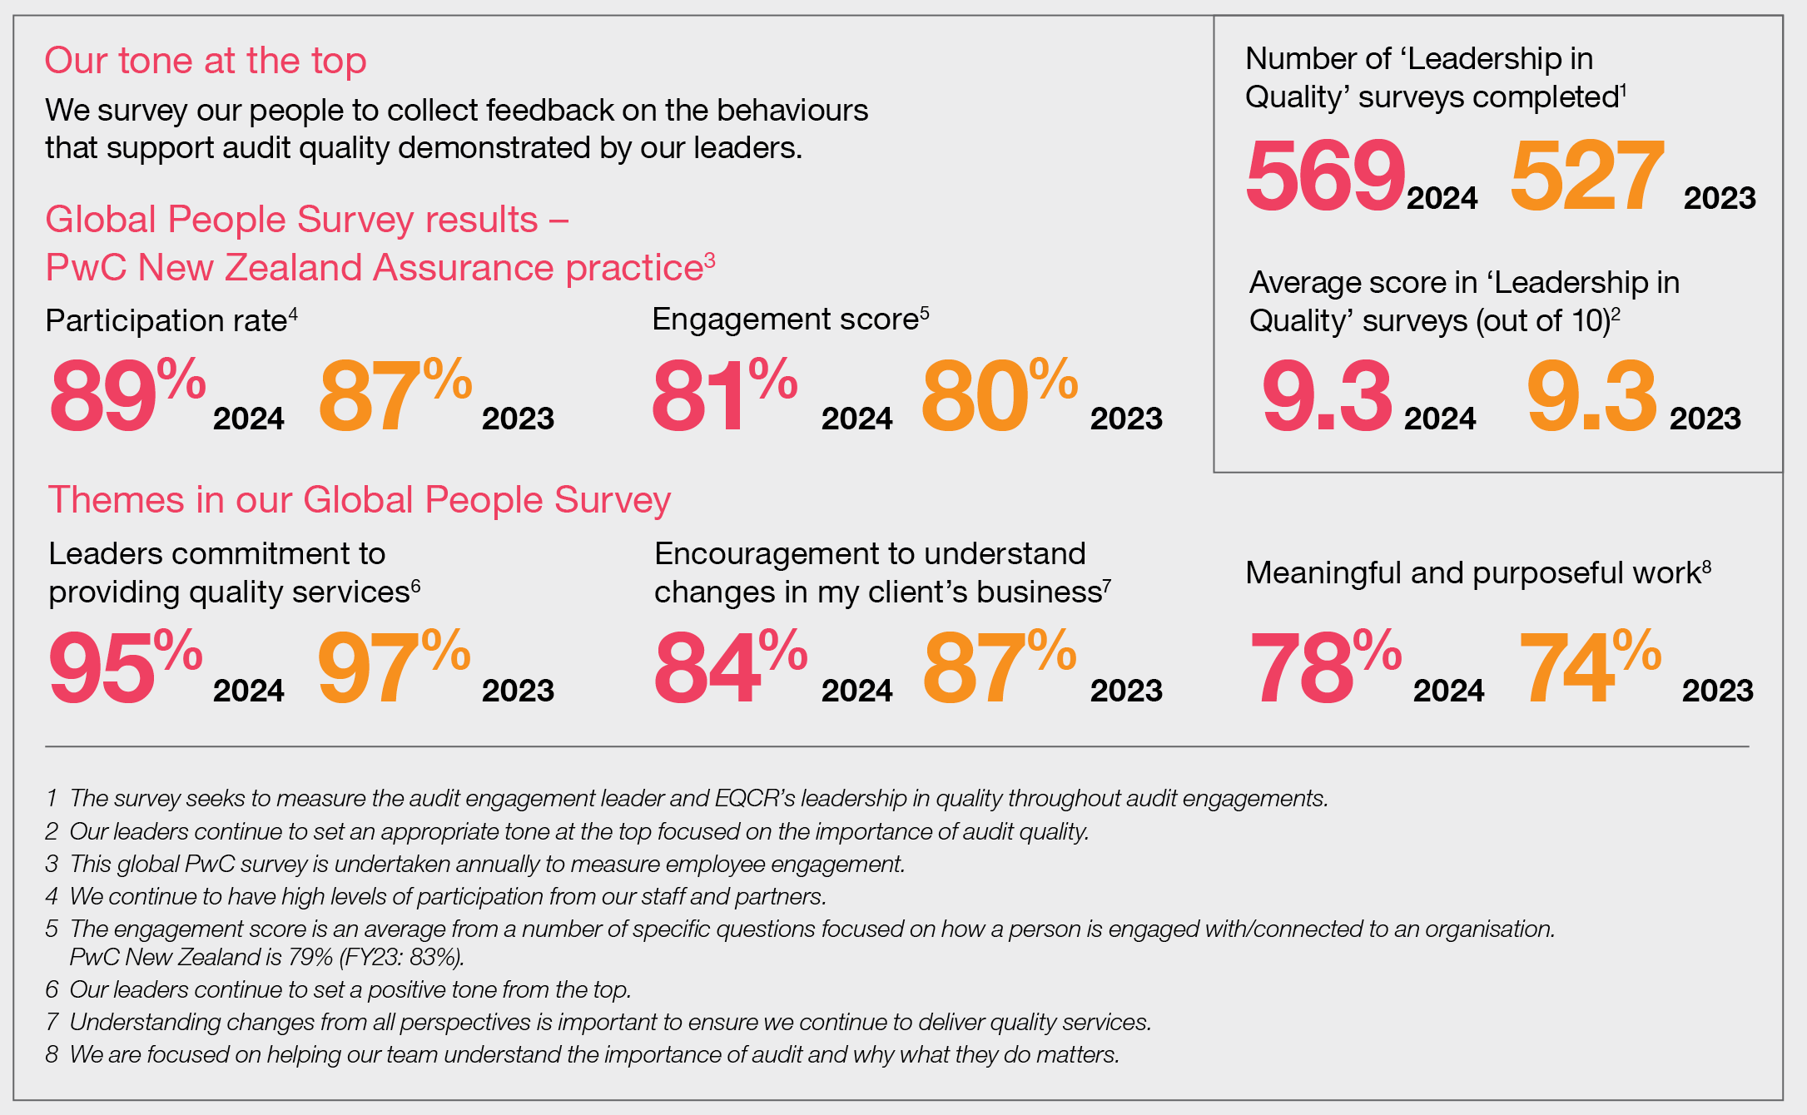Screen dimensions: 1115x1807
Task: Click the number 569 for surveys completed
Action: tap(1324, 176)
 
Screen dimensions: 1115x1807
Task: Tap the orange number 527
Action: tap(1586, 176)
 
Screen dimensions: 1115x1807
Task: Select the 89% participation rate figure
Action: tap(127, 396)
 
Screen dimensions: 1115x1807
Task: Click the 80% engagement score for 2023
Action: tap(998, 396)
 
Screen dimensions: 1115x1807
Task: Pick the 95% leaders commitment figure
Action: tap(125, 668)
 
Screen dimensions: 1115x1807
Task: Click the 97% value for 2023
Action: tap(393, 668)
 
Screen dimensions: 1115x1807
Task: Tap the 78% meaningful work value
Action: tap(1324, 668)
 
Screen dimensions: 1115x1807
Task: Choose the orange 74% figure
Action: tap(1589, 668)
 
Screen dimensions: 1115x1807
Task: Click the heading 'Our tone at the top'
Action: tap(206, 61)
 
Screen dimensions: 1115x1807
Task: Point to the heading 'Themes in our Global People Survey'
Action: tap(359, 500)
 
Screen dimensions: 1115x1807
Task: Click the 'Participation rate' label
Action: tap(166, 320)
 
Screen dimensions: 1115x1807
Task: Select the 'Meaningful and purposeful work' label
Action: tap(1472, 573)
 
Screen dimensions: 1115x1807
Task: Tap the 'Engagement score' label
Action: tap(785, 320)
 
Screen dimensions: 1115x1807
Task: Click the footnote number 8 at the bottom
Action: tap(52, 1055)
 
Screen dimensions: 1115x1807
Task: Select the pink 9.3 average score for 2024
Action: tap(1326, 396)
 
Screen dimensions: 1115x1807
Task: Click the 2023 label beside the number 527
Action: tap(1719, 199)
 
